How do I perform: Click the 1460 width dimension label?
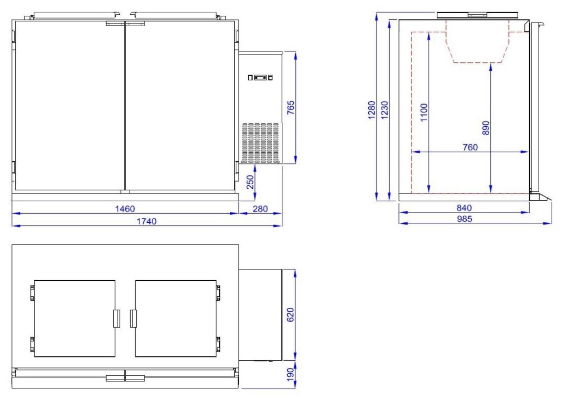coord(125,209)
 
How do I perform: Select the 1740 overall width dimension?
coord(147,221)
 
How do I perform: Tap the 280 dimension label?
coord(260,209)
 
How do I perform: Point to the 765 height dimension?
coord(291,108)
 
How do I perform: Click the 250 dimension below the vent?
coord(250,182)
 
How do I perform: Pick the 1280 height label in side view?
coord(371,110)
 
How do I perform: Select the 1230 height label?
coord(384,110)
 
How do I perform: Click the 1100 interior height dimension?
coord(424,113)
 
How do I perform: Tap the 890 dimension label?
coord(486,128)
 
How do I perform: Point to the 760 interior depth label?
coord(470,147)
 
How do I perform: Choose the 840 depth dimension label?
coord(464,208)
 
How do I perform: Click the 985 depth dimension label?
coord(464,219)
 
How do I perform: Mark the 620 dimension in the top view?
coord(290,315)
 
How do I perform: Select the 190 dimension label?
coord(290,374)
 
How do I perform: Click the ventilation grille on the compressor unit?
coord(260,143)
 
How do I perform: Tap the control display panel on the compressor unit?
coord(260,77)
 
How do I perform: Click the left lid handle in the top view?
coord(116,319)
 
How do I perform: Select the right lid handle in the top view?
coord(133,319)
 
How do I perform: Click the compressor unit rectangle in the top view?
coord(260,315)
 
